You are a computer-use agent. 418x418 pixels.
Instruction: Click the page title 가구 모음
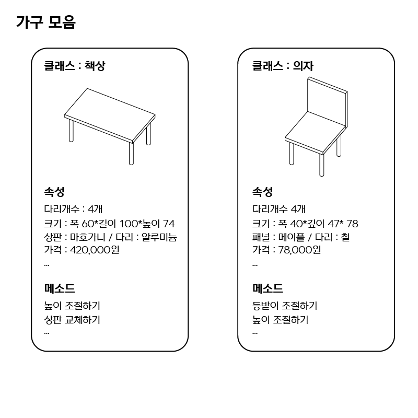(46, 22)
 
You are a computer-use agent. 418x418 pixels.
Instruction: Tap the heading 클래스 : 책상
(75, 66)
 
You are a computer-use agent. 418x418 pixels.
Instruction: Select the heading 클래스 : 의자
(283, 66)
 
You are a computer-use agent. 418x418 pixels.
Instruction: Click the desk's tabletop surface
(110, 114)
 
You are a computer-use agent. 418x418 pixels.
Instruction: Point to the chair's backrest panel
(327, 101)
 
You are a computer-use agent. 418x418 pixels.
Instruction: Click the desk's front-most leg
(131, 154)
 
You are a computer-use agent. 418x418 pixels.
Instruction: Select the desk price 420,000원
(95, 250)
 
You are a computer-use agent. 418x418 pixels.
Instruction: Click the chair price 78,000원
(299, 250)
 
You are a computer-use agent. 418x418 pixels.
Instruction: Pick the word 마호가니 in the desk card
(88, 237)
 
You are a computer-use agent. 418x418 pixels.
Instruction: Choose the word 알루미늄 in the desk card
(159, 237)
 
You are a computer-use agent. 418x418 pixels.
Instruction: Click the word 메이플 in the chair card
(292, 237)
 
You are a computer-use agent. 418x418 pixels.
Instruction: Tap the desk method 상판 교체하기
(72, 320)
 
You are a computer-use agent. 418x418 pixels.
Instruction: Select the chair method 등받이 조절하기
(285, 306)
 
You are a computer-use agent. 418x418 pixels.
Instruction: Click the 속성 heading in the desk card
(54, 192)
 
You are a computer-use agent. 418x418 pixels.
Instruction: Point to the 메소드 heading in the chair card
(268, 288)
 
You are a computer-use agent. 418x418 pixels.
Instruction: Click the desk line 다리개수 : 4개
(73, 209)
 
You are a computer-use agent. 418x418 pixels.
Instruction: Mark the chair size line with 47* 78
(305, 224)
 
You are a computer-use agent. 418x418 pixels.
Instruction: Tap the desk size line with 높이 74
(109, 224)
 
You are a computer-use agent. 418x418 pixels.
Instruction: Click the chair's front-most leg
(322, 165)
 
